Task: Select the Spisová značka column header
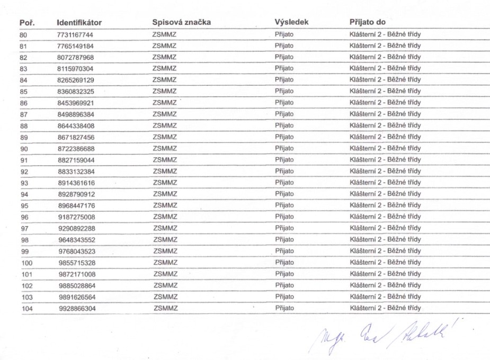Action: (x=181, y=23)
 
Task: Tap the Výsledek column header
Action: (x=292, y=23)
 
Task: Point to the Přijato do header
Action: (x=367, y=23)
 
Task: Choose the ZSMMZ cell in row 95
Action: (x=164, y=205)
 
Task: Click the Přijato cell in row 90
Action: (x=284, y=149)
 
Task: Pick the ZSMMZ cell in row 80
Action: (x=164, y=34)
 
